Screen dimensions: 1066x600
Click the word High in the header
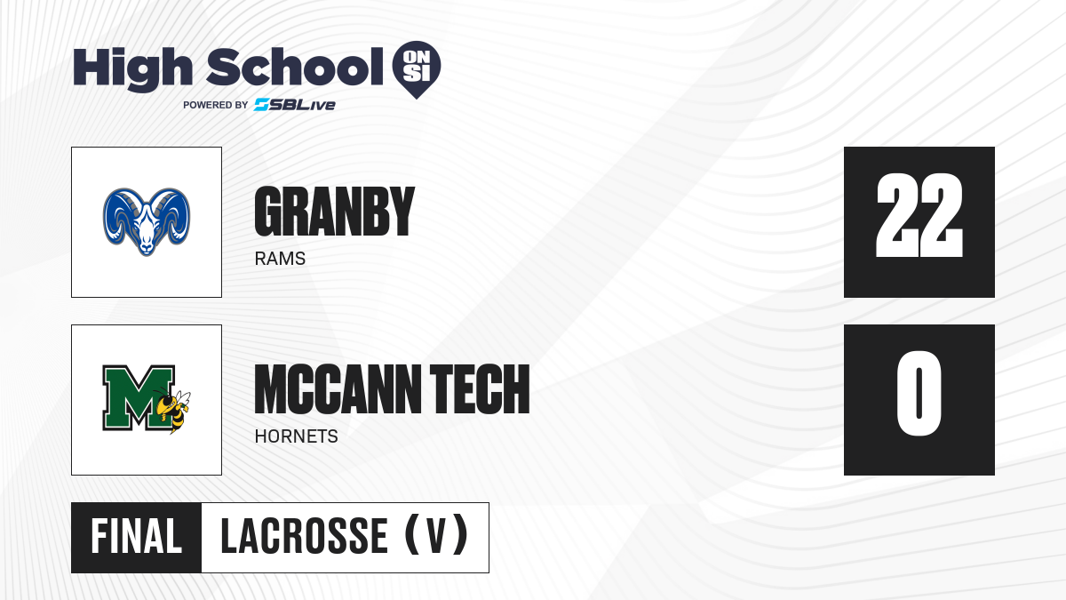pos(132,69)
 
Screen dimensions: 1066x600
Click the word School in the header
pos(295,67)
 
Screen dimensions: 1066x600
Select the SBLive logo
pos(295,105)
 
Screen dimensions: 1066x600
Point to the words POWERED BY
pos(216,105)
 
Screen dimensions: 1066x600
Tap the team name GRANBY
pos(335,212)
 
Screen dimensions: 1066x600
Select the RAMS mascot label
pos(280,259)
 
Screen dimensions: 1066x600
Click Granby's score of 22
pos(919,216)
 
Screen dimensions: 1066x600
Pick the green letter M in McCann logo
pos(138,398)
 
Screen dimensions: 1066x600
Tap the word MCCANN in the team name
pos(338,389)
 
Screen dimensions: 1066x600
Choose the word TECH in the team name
pos(480,389)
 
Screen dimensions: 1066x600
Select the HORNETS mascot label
pos(296,436)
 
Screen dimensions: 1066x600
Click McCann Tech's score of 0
pos(919,393)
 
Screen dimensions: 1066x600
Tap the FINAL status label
pos(136,537)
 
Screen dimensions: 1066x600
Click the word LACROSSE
pos(304,537)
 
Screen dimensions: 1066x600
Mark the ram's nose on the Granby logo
pos(147,247)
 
